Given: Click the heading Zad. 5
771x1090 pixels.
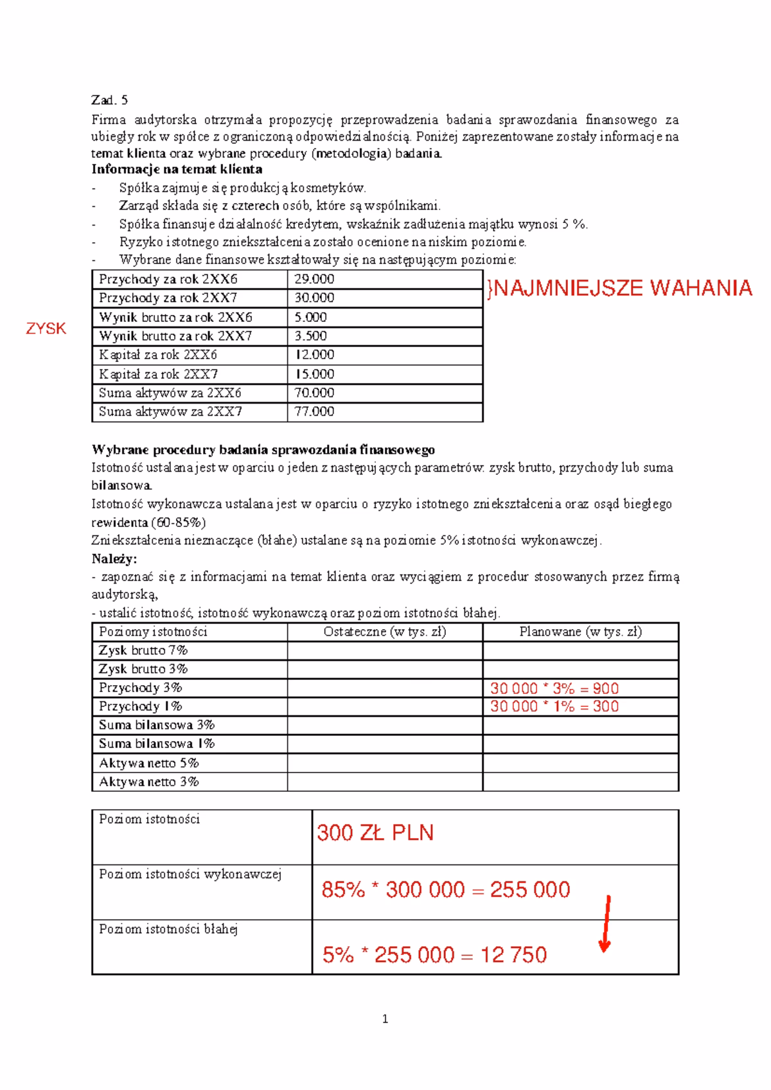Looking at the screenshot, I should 109,100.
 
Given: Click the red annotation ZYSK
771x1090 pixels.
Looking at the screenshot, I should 46,328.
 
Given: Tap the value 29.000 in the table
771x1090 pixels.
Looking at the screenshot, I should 314,279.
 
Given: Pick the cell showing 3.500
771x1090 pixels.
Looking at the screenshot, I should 310,335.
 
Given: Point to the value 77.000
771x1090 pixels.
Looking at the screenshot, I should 314,411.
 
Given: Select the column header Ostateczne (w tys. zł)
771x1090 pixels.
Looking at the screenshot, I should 384,632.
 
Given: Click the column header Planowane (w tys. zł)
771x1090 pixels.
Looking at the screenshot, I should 580,632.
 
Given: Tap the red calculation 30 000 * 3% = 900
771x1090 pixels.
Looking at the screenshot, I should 554,688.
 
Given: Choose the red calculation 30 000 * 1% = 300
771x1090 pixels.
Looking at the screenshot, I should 554,706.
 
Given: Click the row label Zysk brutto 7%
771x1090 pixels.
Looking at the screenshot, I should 143,650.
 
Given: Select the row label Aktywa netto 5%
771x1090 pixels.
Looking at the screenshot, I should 148,763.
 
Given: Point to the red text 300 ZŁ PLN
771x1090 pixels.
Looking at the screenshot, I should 375,833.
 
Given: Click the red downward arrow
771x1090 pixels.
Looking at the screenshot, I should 605,924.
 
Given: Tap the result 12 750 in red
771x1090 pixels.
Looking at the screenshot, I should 513,954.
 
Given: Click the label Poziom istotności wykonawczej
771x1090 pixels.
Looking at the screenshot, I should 190,874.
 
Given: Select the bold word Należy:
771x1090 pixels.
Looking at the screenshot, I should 114,558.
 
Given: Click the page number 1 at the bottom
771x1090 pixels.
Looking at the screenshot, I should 385,1019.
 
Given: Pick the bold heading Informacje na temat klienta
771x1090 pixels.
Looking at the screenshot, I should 177,170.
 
